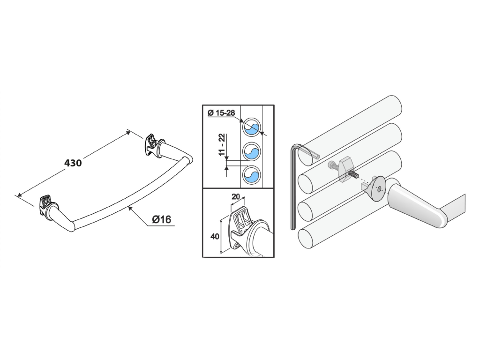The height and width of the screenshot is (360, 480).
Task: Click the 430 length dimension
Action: [73, 163]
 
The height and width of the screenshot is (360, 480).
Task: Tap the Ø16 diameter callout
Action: [162, 219]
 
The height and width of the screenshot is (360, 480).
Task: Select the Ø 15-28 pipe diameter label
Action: [221, 113]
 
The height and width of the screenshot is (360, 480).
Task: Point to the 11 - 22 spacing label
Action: [222, 144]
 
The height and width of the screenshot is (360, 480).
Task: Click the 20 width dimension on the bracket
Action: [236, 196]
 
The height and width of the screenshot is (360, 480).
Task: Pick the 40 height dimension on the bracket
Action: [215, 236]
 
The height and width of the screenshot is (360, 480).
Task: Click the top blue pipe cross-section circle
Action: [252, 127]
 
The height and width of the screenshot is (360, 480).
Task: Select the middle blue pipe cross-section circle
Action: [252, 151]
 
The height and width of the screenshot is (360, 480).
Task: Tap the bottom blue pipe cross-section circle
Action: [252, 175]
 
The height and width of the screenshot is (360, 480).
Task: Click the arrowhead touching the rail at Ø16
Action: [130, 208]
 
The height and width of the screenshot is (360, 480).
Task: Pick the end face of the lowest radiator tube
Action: [306, 239]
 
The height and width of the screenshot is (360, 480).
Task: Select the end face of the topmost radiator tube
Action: [307, 155]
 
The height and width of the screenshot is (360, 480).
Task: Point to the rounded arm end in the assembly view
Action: [441, 218]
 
